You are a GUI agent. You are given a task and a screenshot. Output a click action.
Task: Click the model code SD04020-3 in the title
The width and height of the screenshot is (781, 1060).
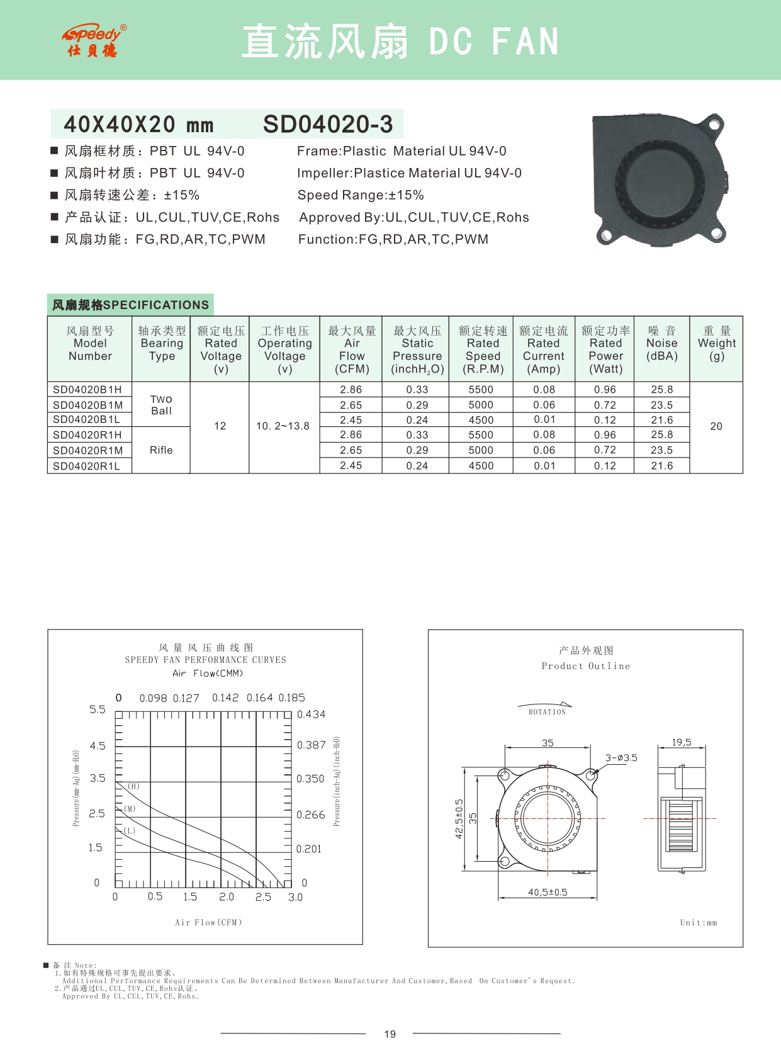(x=328, y=125)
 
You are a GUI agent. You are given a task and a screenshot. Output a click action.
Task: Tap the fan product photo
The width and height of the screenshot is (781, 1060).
(x=659, y=179)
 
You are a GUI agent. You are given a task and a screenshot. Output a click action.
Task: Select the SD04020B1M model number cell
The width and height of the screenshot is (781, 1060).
(x=88, y=405)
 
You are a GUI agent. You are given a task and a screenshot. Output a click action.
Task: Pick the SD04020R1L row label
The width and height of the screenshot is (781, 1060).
(x=86, y=466)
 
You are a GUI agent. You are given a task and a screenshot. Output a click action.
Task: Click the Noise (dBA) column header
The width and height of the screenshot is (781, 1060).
(x=661, y=344)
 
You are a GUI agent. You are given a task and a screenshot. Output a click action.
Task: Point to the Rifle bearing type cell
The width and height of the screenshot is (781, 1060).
(x=161, y=450)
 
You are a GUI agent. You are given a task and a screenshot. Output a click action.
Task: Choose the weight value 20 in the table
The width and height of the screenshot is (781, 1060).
(x=716, y=427)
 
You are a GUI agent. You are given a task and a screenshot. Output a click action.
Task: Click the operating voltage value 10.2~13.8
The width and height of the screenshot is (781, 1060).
(x=283, y=426)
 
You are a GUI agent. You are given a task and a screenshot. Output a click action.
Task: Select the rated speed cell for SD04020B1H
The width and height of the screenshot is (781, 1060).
(x=481, y=390)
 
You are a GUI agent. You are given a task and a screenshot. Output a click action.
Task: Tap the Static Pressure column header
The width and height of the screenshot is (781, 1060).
(x=417, y=350)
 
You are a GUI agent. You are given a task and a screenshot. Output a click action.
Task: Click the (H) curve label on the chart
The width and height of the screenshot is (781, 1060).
(x=133, y=786)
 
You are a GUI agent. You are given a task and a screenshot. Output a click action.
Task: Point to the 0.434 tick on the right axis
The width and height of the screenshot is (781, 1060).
(x=311, y=714)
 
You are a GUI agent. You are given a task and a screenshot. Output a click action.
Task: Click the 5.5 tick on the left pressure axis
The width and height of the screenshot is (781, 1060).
(x=98, y=709)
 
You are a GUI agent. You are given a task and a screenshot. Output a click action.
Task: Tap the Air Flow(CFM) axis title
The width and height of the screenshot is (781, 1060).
(x=208, y=923)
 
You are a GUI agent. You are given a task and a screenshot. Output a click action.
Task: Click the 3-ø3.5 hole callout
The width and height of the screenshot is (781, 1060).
(x=621, y=758)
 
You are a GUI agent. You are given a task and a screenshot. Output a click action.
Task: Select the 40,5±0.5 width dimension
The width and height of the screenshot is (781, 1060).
(x=548, y=892)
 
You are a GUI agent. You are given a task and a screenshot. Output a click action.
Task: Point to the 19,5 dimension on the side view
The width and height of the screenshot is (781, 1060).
(x=682, y=743)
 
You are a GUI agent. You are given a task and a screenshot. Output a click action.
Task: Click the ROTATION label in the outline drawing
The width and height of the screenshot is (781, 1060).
(x=547, y=712)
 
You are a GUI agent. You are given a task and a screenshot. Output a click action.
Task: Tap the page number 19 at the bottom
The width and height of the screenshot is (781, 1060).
(x=390, y=1034)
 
